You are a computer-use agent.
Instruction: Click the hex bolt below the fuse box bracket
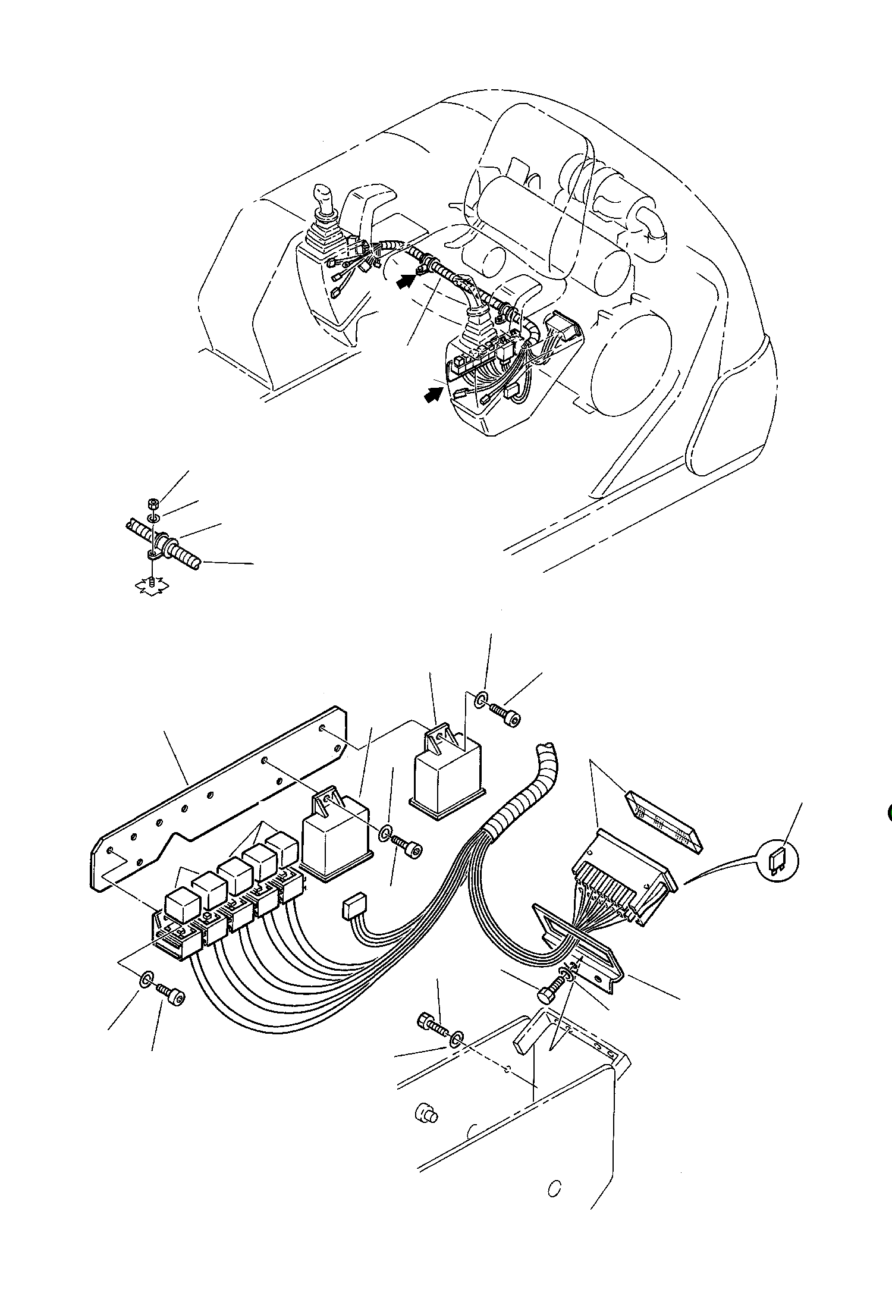[x=546, y=993]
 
